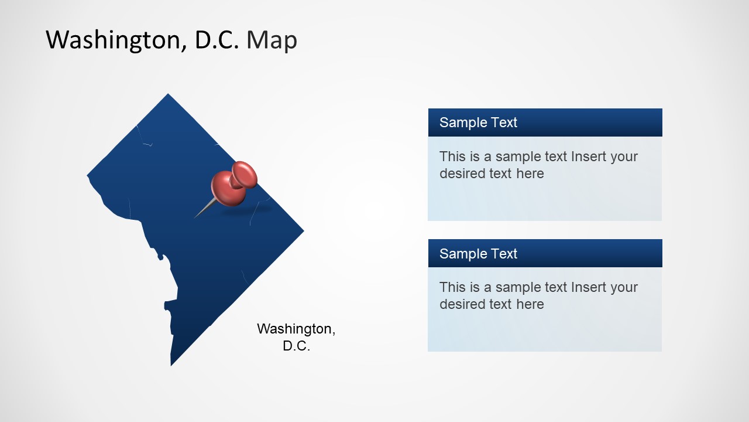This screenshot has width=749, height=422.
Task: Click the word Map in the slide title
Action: click(272, 40)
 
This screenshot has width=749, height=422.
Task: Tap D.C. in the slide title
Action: click(217, 40)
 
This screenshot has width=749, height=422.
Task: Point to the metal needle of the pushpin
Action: click(204, 210)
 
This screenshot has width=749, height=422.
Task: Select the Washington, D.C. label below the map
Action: click(296, 337)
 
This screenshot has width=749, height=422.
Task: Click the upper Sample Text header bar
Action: click(545, 122)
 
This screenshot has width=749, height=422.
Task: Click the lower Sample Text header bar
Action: click(545, 253)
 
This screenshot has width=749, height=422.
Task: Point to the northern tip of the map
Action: click(169, 95)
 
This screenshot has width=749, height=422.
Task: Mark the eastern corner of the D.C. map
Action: click(302, 231)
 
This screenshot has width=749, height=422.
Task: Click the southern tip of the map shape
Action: click(171, 364)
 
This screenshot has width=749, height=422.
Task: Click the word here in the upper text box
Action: click(530, 173)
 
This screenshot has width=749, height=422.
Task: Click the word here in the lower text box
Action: click(530, 304)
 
